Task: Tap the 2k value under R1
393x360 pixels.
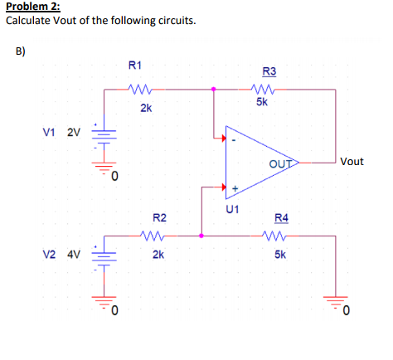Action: pos(145,108)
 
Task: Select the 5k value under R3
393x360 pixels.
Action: pos(262,103)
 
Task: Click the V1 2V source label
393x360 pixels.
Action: pos(61,132)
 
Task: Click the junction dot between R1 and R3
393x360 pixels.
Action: pos(214,87)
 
